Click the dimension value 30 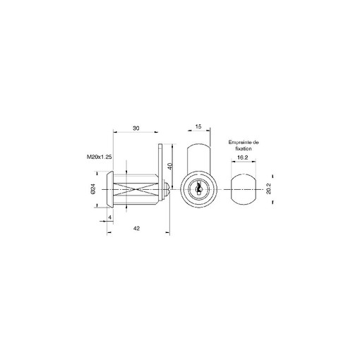point(136,128)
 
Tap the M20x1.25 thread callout point(99,157)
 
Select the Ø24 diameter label point(92,189)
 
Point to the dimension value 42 point(136,228)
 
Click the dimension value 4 point(110,217)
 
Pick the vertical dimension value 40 point(171,166)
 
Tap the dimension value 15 point(198,126)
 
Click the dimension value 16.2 point(242,157)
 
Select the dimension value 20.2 point(269,188)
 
